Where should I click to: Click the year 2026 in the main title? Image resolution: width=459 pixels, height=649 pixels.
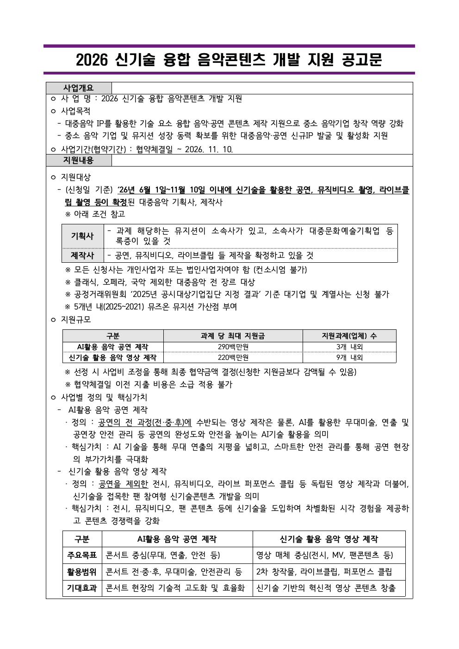coord(92,60)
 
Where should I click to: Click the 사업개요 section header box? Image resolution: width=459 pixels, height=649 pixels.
coord(79,88)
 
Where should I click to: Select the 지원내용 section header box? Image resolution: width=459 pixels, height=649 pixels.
coord(79,161)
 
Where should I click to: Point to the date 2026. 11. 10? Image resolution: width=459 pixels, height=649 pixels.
coord(209,149)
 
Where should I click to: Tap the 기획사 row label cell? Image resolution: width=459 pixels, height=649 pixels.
coord(82,236)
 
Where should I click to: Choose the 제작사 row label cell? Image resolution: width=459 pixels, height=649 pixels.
coord(82,255)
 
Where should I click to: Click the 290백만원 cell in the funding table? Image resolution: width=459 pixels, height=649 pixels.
coord(233,347)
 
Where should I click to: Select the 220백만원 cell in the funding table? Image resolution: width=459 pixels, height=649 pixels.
coord(233,358)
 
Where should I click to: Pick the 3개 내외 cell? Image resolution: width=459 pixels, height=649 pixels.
coord(349,347)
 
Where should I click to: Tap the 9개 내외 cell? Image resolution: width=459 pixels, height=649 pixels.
coord(349,358)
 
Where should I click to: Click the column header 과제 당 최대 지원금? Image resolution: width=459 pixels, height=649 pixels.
coord(233,336)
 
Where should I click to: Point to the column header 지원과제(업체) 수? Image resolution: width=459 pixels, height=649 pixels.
coord(349,336)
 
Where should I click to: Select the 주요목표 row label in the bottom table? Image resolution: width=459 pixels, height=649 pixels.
coord(82,555)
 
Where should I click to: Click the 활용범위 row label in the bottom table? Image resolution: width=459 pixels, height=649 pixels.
coord(82,572)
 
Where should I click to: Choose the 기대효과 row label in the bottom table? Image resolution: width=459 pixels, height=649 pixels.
coord(82,588)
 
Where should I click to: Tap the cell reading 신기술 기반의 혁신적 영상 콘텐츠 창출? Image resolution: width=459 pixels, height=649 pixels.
coord(326,588)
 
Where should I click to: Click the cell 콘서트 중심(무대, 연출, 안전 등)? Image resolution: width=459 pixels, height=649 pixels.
coord(163,555)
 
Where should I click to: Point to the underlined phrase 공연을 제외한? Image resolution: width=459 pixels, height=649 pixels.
coord(123,484)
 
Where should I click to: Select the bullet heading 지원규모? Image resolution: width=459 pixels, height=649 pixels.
coord(76,320)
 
